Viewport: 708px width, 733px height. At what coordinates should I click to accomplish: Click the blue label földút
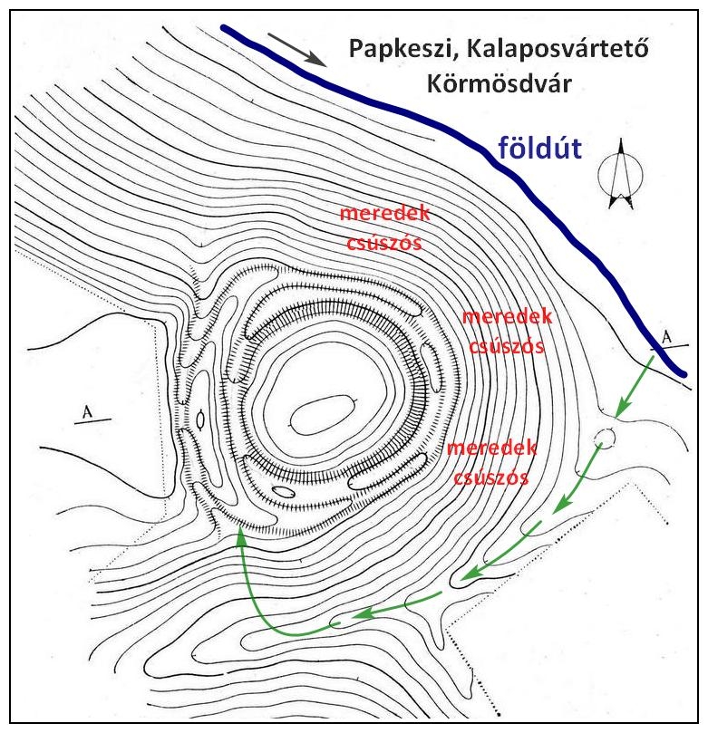(x=539, y=148)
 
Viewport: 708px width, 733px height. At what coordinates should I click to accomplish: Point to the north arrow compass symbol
(x=621, y=173)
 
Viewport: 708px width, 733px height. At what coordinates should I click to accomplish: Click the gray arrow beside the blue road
(x=296, y=49)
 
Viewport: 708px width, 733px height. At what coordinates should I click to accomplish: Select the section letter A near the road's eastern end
(x=666, y=337)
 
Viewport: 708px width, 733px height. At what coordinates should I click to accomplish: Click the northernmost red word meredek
(x=384, y=213)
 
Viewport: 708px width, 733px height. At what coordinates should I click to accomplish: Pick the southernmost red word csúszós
(x=491, y=477)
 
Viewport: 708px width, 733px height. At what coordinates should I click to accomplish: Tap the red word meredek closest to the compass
(x=507, y=317)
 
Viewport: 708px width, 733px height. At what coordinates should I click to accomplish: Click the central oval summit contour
(x=323, y=415)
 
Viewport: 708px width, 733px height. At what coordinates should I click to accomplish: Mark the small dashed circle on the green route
(x=605, y=439)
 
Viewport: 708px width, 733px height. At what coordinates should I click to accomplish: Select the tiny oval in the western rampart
(x=200, y=420)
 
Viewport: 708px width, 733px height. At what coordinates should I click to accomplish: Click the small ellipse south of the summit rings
(x=284, y=491)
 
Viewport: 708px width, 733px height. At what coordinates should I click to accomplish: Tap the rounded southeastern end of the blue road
(x=683, y=373)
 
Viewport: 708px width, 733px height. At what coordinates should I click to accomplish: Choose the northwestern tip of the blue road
(x=224, y=27)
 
